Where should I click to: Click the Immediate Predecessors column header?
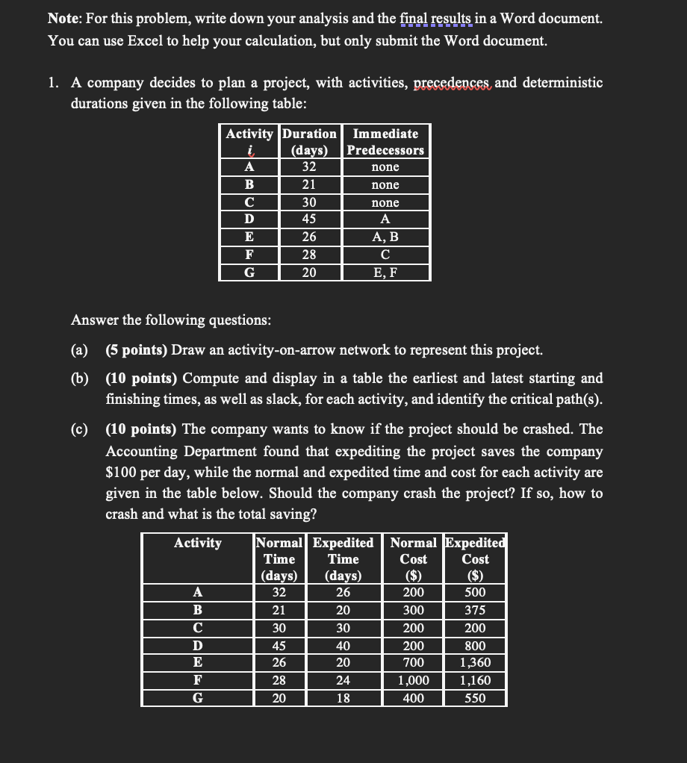pos(385,142)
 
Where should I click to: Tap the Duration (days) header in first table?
pos(309,142)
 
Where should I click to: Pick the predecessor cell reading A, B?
pos(385,237)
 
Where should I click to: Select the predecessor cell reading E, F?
pos(385,272)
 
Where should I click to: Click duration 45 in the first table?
pos(309,219)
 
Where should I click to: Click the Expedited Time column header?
pos(343,559)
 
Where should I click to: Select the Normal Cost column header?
pos(414,559)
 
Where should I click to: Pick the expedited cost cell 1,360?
pos(476,663)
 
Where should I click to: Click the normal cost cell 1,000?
pos(414,681)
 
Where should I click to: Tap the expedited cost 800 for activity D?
pos(476,646)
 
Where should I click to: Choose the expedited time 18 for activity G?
pos(343,699)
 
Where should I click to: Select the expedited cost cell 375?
pos(476,610)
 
